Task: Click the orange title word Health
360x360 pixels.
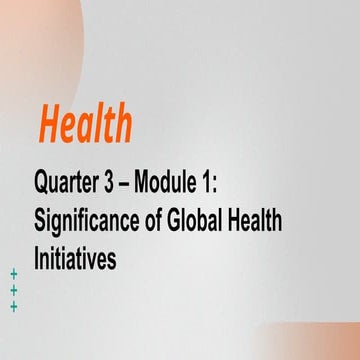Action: coord(85,125)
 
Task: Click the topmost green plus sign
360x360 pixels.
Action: coord(14,273)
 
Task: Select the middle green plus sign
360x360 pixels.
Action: coord(14,290)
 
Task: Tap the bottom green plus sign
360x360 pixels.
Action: coord(14,307)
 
